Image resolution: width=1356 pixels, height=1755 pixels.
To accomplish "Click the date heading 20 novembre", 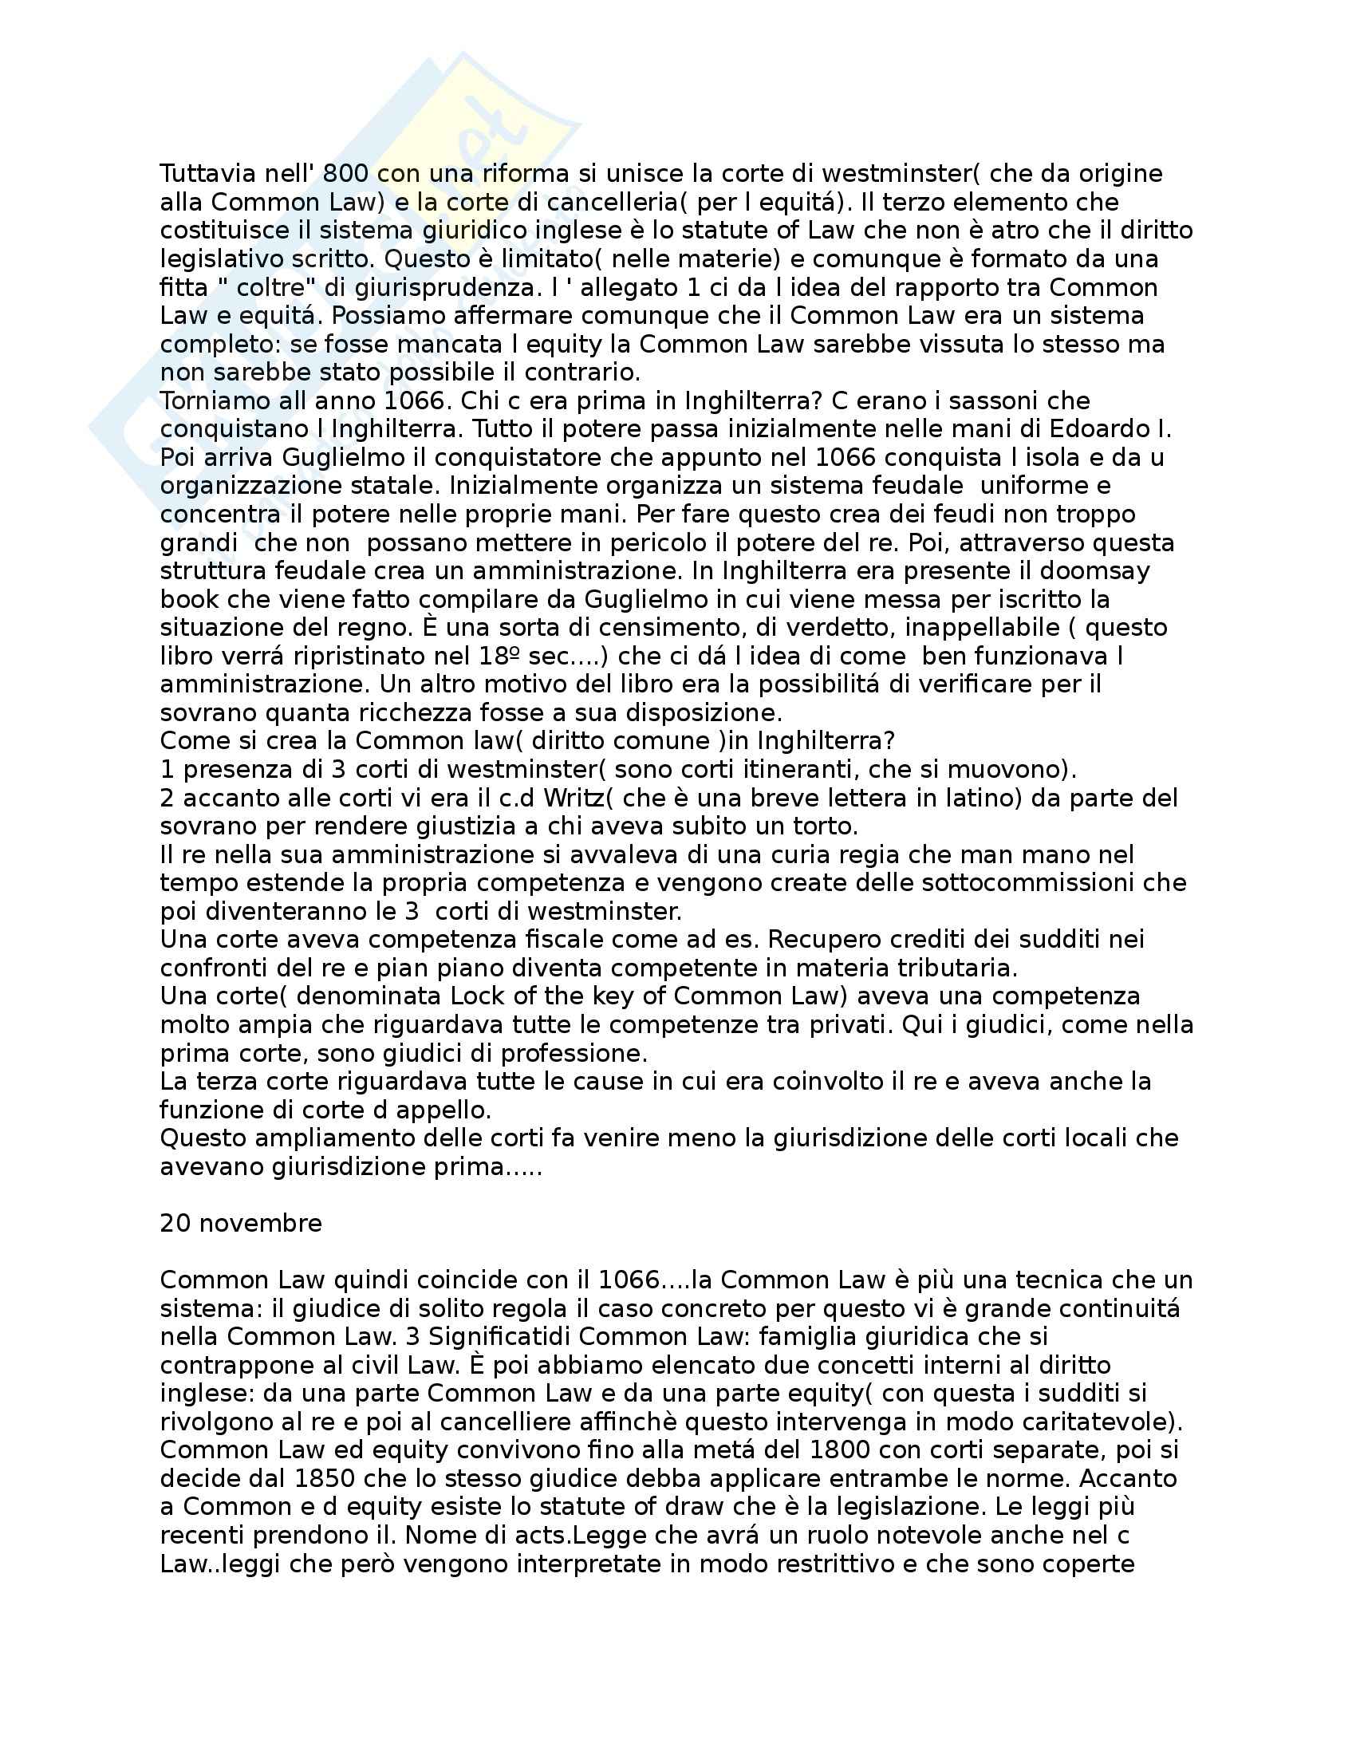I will pos(241,1223).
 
